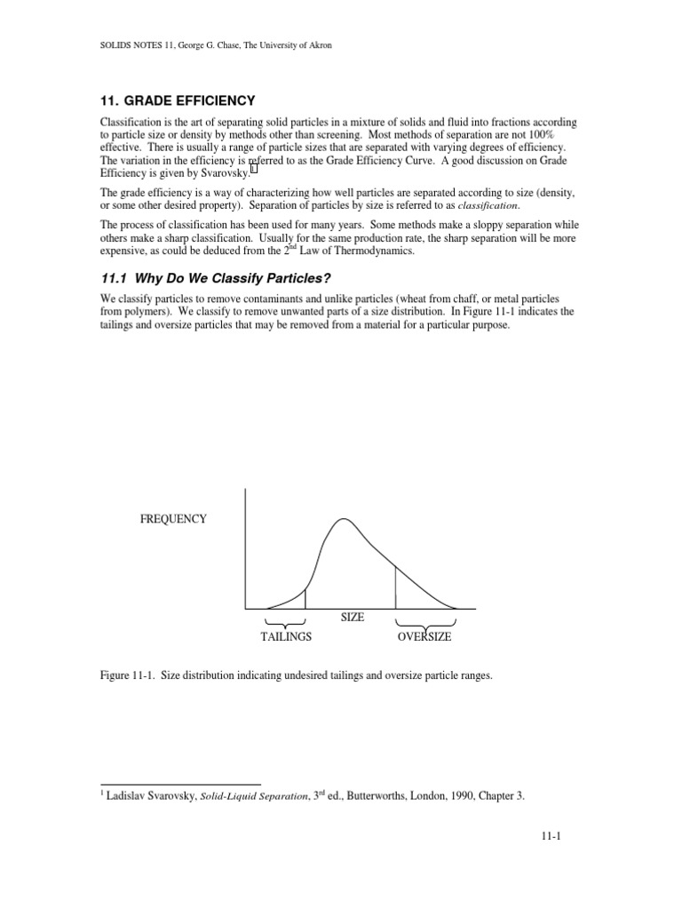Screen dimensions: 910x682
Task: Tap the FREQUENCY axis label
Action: click(173, 519)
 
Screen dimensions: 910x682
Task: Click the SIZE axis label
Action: click(353, 617)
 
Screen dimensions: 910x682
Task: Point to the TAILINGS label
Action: click(286, 637)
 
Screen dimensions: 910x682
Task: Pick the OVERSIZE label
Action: click(424, 637)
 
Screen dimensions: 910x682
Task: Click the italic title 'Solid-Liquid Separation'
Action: click(243, 797)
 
